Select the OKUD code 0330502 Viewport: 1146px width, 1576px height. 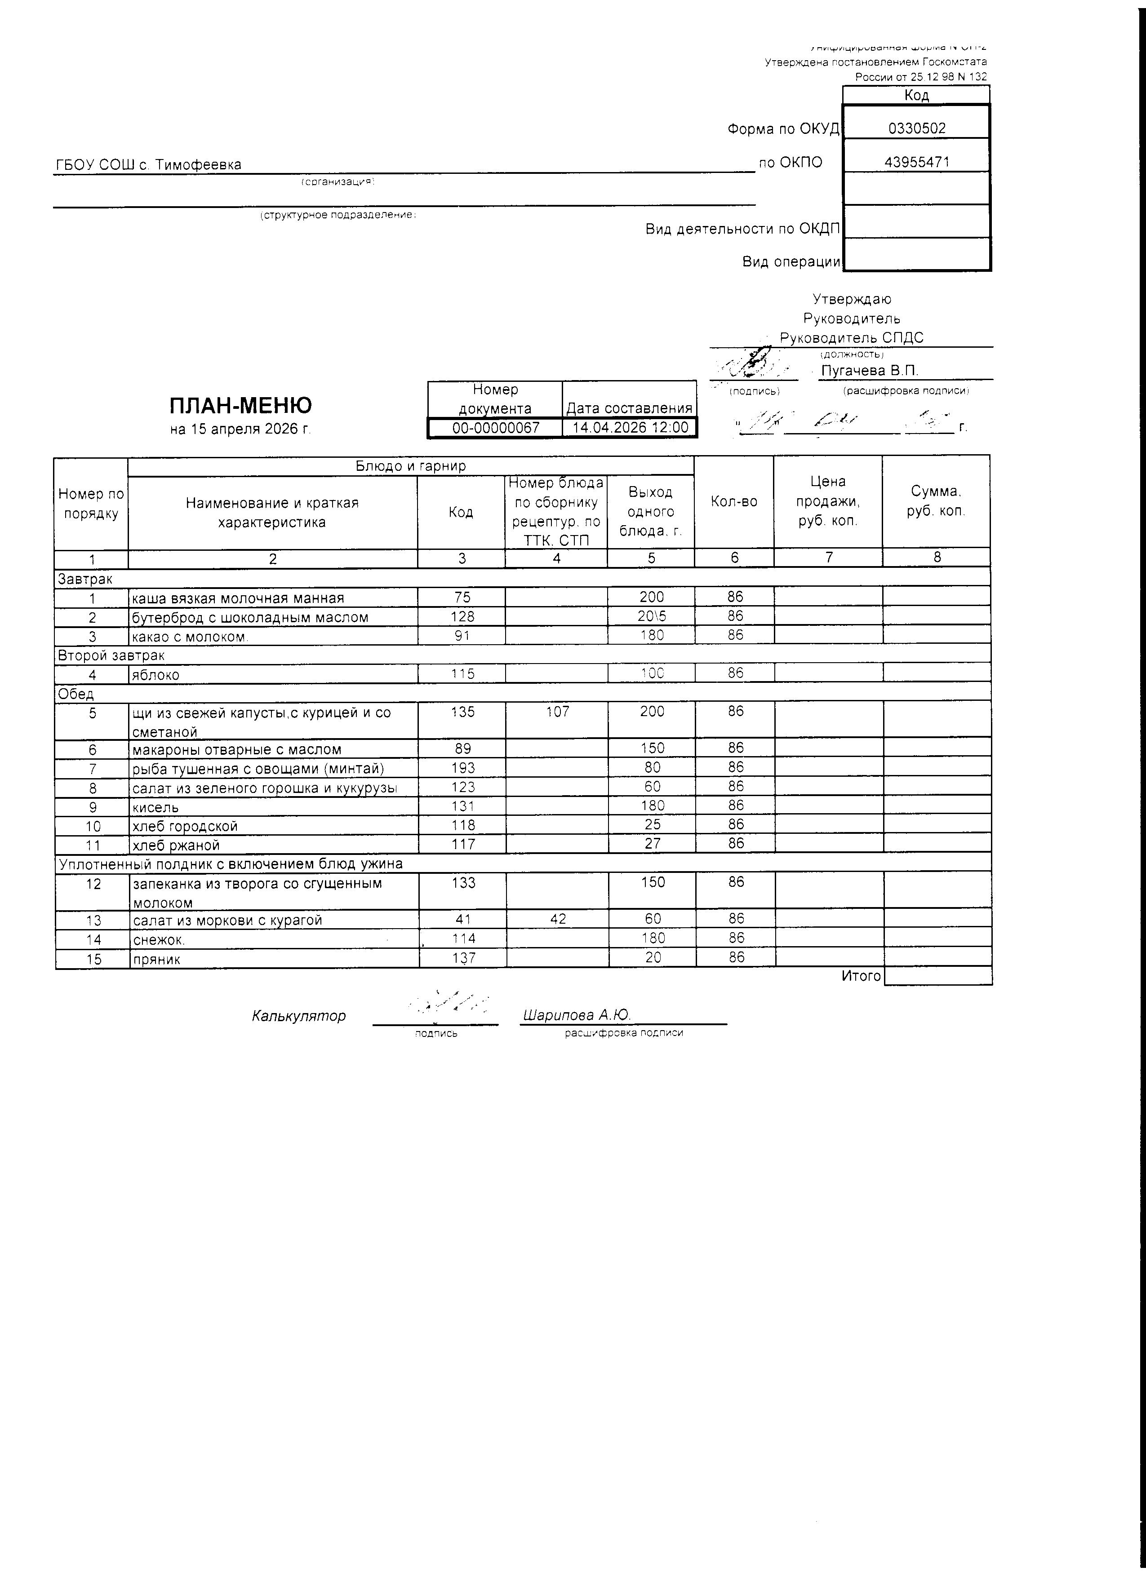[x=917, y=128]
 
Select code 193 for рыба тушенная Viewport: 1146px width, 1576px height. [x=463, y=768]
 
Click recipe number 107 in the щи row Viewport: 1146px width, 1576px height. [x=557, y=712]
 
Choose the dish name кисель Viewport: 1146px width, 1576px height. [x=155, y=807]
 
